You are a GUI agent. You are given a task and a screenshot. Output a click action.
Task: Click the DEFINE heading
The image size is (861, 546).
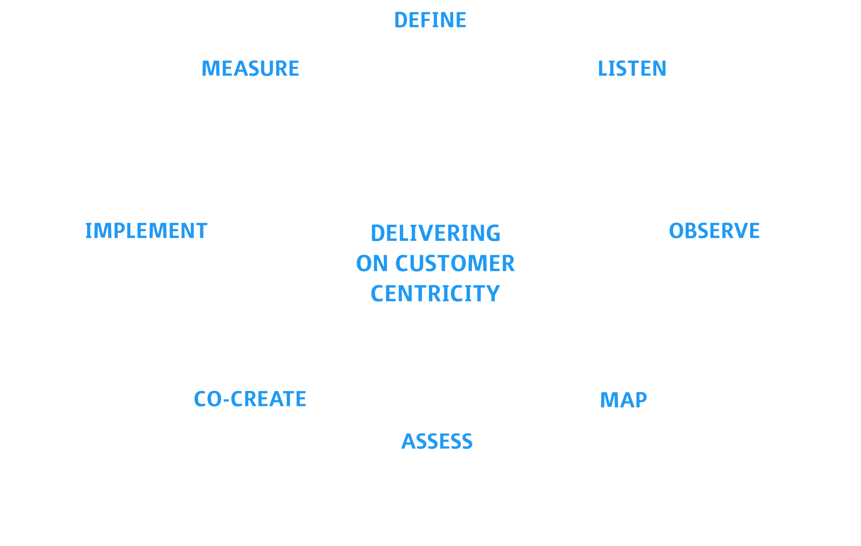point(430,20)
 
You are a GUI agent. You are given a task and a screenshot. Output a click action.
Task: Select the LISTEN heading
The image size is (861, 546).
point(632,69)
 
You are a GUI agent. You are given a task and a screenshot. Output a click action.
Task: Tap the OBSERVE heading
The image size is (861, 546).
point(714,231)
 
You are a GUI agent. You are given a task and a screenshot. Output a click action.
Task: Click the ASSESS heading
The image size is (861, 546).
point(437,441)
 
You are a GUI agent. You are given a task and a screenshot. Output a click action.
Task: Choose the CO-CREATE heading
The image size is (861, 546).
point(250,399)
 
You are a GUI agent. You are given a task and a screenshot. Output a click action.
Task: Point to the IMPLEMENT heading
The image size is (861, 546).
point(146,231)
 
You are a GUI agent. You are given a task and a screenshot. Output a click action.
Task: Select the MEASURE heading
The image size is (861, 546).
point(250,69)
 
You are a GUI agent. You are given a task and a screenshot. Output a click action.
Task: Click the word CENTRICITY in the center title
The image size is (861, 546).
point(435,294)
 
